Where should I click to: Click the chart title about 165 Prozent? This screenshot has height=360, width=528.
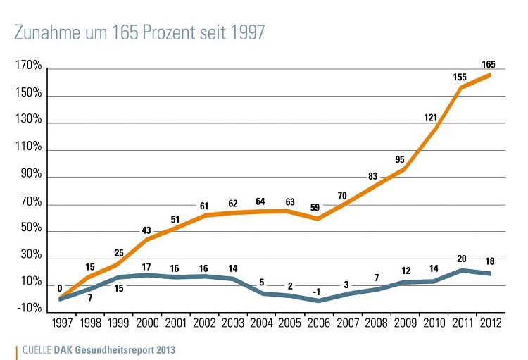pos(139,32)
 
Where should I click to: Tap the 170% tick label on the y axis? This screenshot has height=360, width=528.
pos(28,68)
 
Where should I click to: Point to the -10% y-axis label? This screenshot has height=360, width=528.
pos(28,307)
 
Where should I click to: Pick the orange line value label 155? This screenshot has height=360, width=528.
pos(460,76)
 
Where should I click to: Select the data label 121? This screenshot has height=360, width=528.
pos(431,117)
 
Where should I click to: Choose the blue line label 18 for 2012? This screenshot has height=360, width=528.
pos(491,261)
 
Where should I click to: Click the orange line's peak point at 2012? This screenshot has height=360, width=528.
pos(491,75)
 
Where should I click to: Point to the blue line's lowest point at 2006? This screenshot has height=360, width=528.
pos(319,301)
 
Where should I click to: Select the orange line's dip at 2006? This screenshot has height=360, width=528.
pos(319,218)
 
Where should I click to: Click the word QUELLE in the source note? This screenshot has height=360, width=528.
pos(37,349)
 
